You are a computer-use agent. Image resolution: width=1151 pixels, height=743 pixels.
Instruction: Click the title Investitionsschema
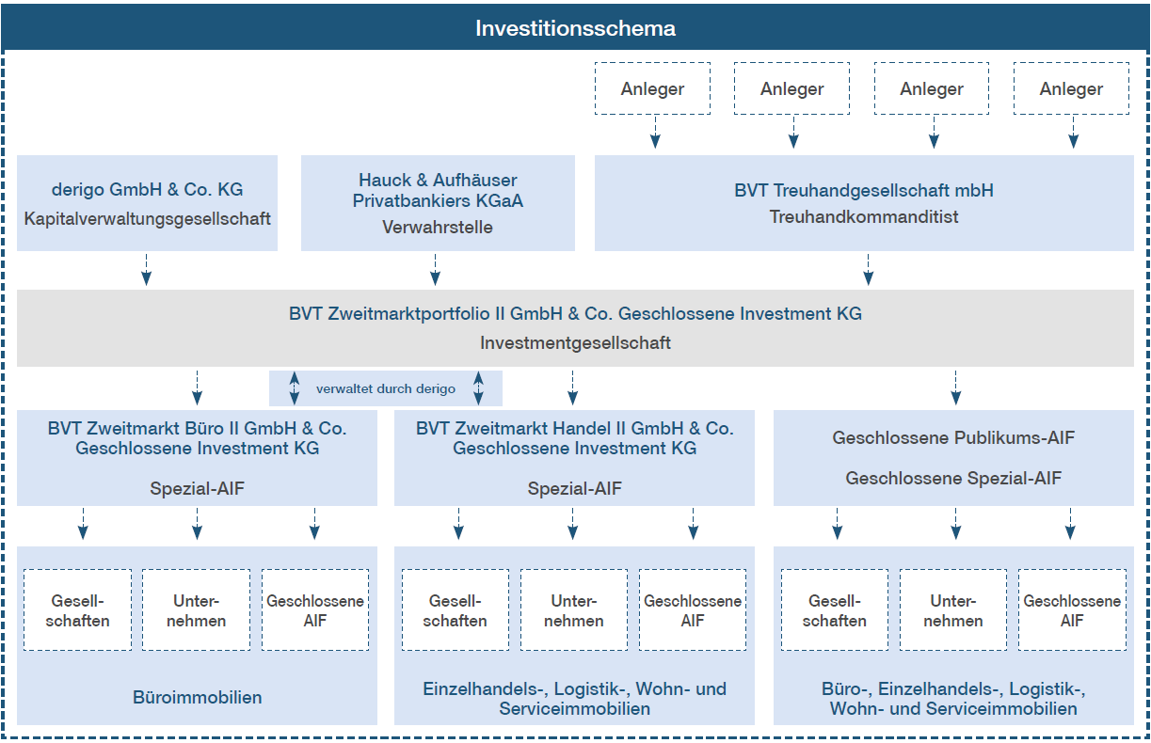point(575,28)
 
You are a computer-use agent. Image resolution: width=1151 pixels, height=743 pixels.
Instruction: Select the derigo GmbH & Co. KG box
point(147,203)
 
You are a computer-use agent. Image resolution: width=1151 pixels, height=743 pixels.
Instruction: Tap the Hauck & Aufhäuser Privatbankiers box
point(438,203)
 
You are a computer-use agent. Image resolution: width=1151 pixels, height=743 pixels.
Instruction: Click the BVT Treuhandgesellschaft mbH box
point(864,203)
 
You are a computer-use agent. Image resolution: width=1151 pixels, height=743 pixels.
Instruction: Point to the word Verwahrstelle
point(438,227)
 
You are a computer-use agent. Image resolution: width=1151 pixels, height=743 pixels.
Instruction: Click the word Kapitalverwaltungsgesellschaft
point(147,219)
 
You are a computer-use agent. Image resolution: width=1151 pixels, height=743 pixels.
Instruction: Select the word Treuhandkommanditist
point(864,216)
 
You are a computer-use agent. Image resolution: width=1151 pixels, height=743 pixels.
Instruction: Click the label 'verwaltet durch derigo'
point(385,388)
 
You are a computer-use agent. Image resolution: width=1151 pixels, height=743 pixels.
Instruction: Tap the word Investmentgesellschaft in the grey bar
point(575,342)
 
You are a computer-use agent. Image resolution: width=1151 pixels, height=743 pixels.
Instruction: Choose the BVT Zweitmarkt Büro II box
point(197,457)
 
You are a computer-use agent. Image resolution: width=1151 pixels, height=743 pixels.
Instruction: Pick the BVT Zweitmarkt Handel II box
point(574,457)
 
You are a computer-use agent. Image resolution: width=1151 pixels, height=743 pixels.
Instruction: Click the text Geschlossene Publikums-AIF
point(953,437)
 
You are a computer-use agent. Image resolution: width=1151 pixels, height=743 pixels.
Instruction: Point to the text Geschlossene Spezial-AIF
point(953,478)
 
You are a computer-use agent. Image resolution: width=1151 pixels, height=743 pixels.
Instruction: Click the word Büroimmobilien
point(198,697)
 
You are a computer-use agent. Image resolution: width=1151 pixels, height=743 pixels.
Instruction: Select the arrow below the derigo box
point(147,269)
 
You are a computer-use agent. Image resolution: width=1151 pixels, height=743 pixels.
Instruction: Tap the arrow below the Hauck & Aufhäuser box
point(435,269)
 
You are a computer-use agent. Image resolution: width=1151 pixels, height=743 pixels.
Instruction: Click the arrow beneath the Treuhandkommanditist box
point(869,269)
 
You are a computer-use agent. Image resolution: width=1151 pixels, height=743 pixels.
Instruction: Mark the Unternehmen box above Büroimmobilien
point(197,610)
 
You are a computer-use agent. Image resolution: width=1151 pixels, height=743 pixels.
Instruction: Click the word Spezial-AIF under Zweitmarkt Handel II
point(574,488)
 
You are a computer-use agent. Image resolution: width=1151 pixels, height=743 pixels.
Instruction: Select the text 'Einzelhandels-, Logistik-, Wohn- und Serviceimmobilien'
point(574,699)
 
